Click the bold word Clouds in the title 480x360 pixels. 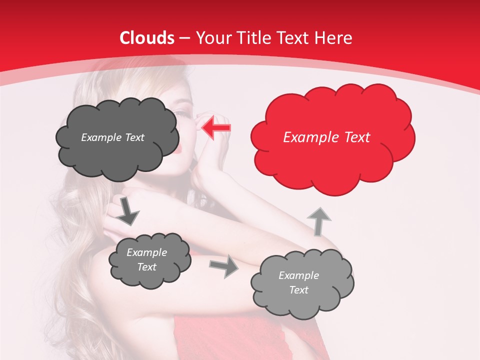pyautogui.click(x=147, y=38)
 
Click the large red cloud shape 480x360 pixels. pyautogui.click(x=332, y=137)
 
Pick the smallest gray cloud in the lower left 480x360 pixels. pyautogui.click(x=149, y=260)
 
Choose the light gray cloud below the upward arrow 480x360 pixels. pyautogui.click(x=301, y=283)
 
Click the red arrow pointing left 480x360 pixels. pyautogui.click(x=216, y=127)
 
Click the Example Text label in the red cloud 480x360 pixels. pyautogui.click(x=326, y=137)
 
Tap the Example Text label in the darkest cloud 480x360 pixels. pyautogui.click(x=112, y=137)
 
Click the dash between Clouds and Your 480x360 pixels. pyautogui.click(x=184, y=38)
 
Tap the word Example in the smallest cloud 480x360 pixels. pyautogui.click(x=146, y=252)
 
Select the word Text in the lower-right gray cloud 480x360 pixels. pyautogui.click(x=298, y=290)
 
